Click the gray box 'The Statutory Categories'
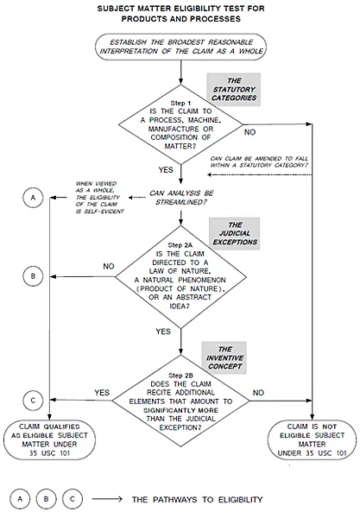click(x=234, y=90)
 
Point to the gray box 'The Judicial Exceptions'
click(x=235, y=233)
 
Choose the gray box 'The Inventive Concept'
click(x=224, y=357)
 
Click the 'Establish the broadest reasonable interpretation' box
click(x=180, y=47)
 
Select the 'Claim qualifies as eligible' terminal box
click(x=49, y=439)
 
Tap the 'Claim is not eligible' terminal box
click(x=312, y=439)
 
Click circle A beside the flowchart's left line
click(x=33, y=198)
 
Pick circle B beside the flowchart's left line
click(x=33, y=276)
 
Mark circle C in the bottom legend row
click(x=73, y=499)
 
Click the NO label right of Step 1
click(x=249, y=132)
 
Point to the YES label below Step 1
click(x=166, y=170)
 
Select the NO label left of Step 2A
click(x=109, y=266)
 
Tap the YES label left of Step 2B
click(x=102, y=393)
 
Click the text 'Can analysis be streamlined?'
click(x=181, y=198)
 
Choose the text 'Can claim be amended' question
click(x=259, y=162)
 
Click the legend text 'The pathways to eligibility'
click(x=197, y=500)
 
